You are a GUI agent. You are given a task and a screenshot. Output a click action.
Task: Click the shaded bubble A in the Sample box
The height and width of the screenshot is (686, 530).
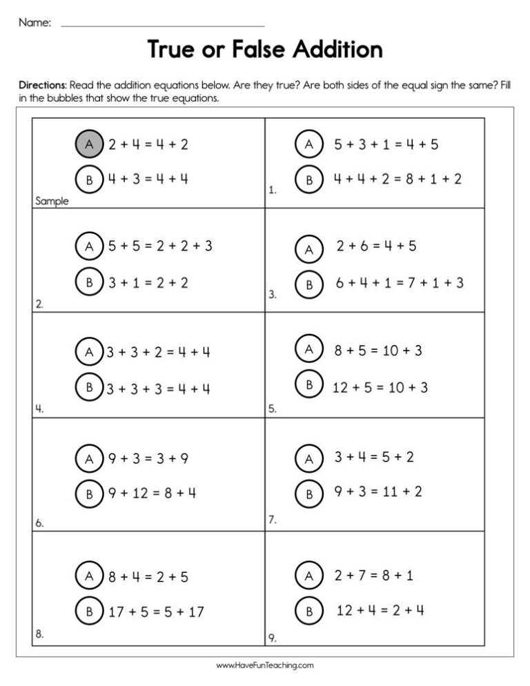89,144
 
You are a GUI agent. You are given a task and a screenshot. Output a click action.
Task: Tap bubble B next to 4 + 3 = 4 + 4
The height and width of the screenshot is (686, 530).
89,179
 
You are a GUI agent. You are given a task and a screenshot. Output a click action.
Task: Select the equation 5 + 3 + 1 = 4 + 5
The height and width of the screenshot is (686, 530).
386,144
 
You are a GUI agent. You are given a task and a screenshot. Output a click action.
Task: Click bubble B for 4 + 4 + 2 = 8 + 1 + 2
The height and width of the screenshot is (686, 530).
309,179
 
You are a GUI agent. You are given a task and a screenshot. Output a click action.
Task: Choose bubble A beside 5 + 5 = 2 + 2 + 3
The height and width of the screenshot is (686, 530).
89,246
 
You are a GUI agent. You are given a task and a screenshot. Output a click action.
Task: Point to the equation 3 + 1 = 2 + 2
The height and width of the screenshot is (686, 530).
148,282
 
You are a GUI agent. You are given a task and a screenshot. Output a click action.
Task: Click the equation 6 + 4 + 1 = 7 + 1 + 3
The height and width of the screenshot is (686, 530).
400,282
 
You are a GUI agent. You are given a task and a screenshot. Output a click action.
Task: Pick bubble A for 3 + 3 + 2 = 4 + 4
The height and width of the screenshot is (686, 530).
89,352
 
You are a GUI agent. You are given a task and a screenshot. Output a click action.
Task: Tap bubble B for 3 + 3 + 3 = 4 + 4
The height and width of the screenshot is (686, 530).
89,388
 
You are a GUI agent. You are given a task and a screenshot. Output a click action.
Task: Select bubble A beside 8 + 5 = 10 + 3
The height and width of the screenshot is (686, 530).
309,349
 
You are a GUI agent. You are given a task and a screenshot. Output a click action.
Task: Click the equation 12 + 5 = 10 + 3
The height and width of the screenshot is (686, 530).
380,388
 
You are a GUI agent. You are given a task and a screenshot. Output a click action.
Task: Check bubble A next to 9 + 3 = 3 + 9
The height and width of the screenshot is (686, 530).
89,458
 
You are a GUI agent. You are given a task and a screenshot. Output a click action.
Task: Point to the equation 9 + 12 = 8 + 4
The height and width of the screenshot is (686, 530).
152,493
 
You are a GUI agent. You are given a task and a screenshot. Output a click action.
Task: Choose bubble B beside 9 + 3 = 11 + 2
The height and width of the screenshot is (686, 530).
309,493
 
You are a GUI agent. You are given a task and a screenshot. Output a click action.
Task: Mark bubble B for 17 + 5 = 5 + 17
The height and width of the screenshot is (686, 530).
89,611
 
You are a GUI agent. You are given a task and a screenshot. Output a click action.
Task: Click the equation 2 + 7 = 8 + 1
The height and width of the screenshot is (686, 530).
373,575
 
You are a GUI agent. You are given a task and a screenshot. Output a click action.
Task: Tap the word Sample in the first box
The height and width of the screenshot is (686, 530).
52,202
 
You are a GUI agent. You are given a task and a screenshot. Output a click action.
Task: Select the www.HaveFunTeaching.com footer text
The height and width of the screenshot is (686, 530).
265,666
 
